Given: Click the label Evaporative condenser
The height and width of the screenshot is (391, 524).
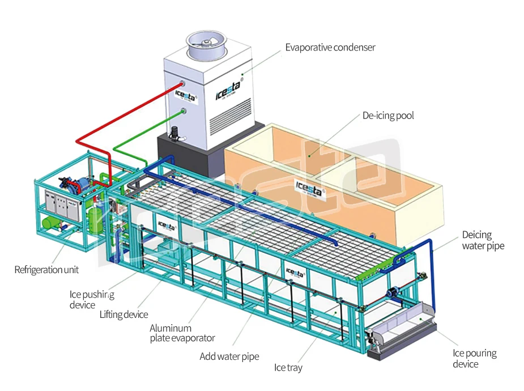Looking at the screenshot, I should pos(330,48).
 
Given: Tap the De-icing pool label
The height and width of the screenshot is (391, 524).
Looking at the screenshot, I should pos(388,116).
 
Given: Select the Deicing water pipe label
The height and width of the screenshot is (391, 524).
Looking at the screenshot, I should pos(483,240).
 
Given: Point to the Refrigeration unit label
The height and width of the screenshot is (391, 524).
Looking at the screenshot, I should pos(46,270).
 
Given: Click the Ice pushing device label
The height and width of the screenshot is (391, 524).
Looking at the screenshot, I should pos(91,299).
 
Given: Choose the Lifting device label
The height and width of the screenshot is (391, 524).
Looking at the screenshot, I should pos(123,314).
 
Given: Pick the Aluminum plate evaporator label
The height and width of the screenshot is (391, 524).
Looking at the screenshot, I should pos(182,333).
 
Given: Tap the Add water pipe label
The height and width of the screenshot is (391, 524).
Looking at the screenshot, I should pos(229,356).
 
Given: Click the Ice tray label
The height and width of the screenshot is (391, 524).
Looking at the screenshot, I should pos(288,368).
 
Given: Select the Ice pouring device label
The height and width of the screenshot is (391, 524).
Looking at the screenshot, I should pos(474,358).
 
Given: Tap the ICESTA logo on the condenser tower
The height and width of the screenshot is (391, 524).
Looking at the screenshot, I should pos(228,90).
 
